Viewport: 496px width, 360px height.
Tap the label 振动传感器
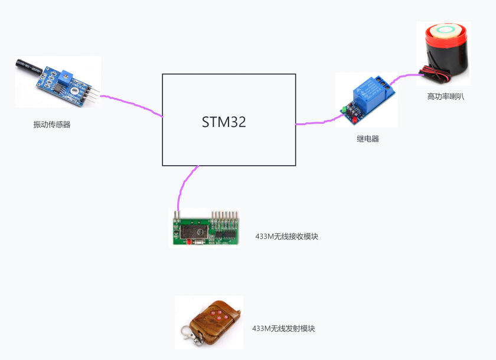click(52, 125)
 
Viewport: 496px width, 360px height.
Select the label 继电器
click(368, 139)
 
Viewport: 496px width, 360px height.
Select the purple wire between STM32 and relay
click(316, 123)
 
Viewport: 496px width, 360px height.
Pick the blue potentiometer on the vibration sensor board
click(66, 75)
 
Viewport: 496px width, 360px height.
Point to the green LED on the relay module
click(342, 110)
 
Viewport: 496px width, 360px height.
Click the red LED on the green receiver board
click(188, 241)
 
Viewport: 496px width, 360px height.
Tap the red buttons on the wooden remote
click(221, 312)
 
